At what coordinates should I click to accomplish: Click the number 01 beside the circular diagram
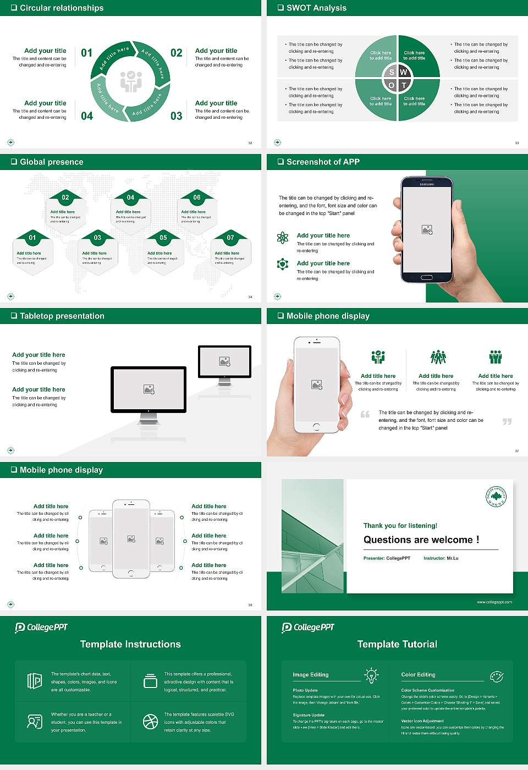click(x=87, y=53)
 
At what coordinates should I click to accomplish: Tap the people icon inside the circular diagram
click(x=131, y=81)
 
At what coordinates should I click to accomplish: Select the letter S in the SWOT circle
click(x=392, y=72)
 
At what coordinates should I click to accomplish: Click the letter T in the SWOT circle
click(x=404, y=85)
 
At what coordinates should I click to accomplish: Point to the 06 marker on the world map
click(x=197, y=197)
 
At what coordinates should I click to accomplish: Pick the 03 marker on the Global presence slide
click(x=97, y=238)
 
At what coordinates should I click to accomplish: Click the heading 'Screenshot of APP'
click(x=323, y=162)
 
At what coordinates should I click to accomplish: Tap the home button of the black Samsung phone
click(x=427, y=278)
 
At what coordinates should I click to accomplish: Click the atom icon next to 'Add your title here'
click(x=283, y=238)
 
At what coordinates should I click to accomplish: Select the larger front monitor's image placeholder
click(x=148, y=389)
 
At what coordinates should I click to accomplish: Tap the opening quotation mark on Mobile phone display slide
click(x=365, y=414)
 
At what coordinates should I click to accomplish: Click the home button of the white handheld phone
click(x=316, y=427)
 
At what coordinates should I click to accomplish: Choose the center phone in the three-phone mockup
click(x=131, y=539)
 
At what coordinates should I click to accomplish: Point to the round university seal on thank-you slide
click(x=496, y=496)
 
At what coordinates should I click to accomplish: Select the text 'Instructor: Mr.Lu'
click(x=441, y=558)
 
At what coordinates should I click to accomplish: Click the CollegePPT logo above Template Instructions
click(x=41, y=627)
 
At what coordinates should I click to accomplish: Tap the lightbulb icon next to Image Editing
click(x=371, y=675)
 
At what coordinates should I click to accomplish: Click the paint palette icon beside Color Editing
click(x=496, y=675)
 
